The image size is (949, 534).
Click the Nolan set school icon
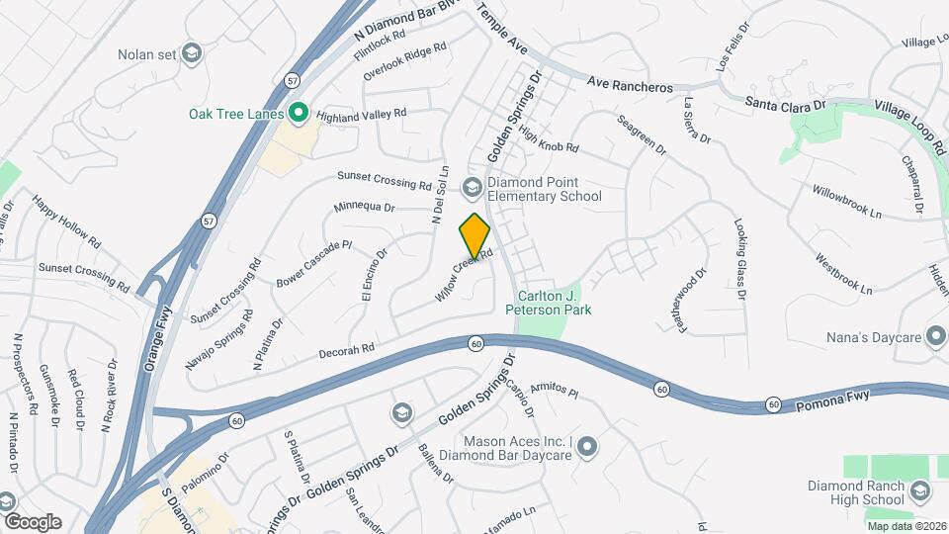[193, 52]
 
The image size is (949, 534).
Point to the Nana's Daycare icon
[933, 339]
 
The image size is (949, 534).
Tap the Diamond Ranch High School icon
[920, 491]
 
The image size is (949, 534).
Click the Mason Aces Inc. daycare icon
[588, 449]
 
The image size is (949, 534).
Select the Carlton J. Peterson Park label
[549, 303]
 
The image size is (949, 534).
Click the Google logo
[33, 521]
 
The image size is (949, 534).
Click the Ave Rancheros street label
[629, 86]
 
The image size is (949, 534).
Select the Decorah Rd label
[347, 349]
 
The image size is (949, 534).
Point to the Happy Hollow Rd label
[65, 221]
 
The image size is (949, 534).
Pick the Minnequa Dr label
[364, 208]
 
